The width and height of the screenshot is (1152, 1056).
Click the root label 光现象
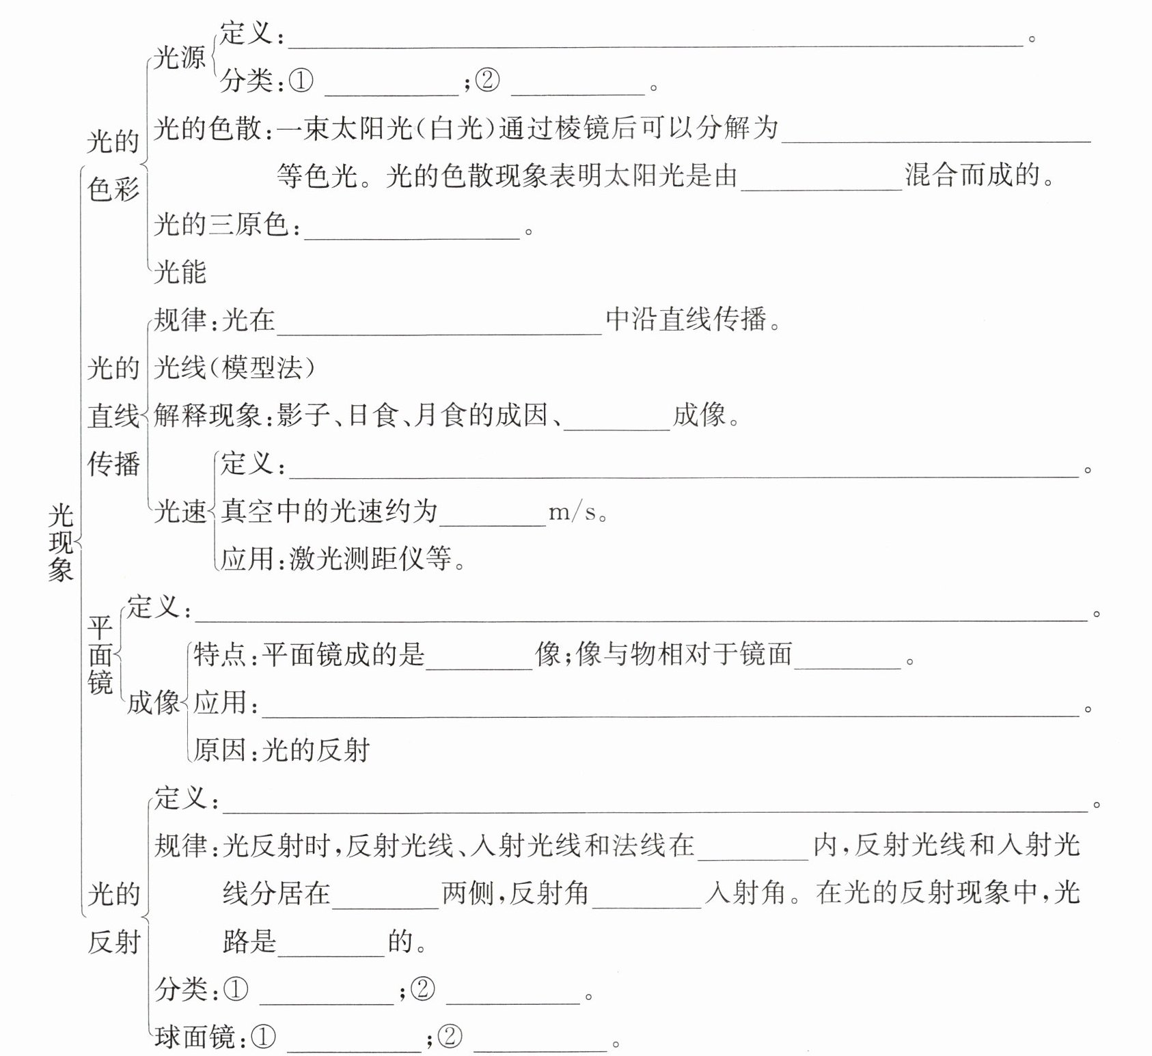coord(61,542)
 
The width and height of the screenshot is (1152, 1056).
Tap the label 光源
coord(179,57)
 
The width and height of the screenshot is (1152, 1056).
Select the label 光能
coord(180,272)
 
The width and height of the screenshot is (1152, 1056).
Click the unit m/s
coord(573,512)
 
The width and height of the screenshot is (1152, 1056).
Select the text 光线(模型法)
coord(235,368)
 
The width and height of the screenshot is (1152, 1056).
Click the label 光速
coord(180,512)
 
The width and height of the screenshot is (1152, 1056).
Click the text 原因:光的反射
coord(282,750)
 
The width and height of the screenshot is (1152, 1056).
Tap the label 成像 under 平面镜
coord(153,702)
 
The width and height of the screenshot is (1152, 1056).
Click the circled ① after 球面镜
coord(264,1038)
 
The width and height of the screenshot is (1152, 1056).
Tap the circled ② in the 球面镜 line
coord(450,1038)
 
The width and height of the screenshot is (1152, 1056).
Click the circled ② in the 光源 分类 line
coord(486,81)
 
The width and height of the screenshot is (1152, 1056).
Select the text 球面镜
coord(194,1038)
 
